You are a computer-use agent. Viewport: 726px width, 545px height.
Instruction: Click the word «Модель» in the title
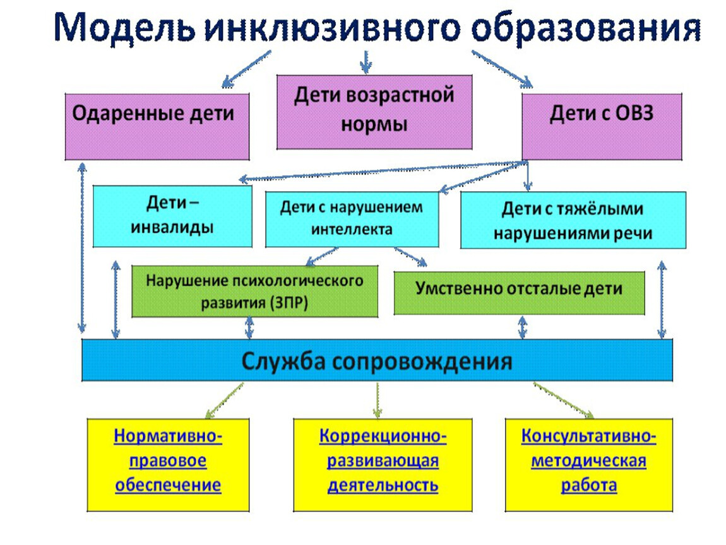coord(125,27)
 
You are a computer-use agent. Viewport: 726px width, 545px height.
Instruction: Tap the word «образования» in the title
coord(586,28)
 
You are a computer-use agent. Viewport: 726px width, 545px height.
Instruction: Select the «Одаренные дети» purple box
coord(157,127)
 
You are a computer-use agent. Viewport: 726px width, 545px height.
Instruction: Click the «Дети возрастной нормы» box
coord(374,112)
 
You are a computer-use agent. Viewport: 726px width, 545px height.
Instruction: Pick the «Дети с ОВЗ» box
coord(602,127)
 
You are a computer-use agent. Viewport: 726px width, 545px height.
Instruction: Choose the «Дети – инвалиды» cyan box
coord(172,216)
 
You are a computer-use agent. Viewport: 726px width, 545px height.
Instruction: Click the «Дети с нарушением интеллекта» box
coord(352,220)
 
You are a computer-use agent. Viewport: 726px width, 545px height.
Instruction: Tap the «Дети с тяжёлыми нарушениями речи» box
coord(573,220)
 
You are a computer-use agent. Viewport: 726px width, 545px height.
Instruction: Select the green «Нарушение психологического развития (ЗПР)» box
coord(254,291)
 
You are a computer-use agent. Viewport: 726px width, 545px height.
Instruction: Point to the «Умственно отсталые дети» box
coord(519,293)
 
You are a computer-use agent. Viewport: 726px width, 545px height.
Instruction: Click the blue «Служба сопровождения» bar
coord(377,360)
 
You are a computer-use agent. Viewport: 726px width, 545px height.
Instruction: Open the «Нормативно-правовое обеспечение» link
coord(168,460)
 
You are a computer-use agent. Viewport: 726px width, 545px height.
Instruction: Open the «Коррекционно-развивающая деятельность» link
coord(383,460)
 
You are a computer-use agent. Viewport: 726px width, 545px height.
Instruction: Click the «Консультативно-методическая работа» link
coord(588,460)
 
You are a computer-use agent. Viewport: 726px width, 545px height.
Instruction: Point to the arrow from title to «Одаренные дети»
coord(246,69)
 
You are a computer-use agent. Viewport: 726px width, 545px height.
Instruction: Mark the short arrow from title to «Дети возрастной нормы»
coord(366,62)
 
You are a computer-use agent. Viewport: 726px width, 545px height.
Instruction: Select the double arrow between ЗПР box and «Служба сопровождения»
coord(249,327)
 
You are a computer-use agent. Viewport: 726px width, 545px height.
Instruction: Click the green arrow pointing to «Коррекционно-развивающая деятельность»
coord(378,400)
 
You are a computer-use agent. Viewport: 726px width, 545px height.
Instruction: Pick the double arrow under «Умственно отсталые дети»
coord(523,327)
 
